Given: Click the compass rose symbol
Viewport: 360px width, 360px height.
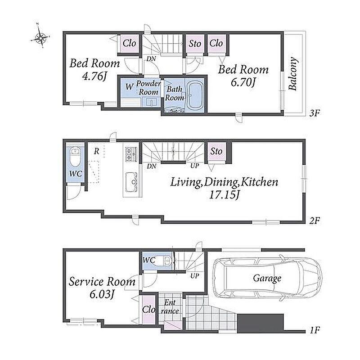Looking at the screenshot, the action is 40,37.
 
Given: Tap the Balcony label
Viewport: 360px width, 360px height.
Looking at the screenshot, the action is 293,74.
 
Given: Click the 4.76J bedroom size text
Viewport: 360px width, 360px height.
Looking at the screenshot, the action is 95,76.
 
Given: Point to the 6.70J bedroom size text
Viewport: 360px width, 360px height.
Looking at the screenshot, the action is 243,82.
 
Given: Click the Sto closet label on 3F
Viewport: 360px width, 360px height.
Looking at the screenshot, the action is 195,43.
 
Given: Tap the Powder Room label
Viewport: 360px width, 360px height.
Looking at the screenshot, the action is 148,88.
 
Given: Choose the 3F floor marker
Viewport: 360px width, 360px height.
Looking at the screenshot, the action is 314,113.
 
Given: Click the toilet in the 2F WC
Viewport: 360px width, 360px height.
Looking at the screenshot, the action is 75,157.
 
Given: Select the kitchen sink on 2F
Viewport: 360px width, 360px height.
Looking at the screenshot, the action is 132,182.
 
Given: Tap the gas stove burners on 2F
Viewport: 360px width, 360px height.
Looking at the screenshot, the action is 131,154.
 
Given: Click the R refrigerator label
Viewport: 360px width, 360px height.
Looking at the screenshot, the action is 97,151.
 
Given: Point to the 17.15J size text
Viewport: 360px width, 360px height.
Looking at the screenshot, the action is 224,195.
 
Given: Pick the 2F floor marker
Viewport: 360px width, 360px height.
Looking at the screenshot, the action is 314,220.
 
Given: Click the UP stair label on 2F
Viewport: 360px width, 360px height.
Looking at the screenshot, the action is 195,165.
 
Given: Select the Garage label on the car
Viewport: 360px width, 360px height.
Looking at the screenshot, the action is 267,278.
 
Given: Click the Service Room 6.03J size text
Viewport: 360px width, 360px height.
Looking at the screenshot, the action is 102,294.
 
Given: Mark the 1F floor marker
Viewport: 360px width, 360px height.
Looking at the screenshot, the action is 315,330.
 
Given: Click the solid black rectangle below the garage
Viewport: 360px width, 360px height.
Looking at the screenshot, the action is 261,323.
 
